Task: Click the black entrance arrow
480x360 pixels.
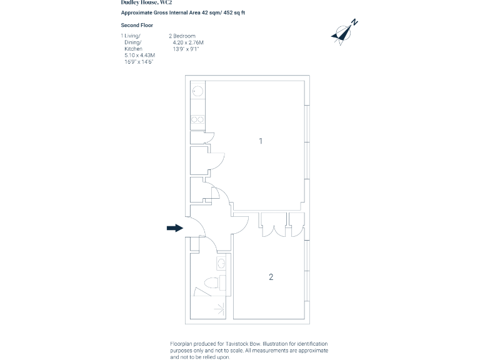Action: [175, 227]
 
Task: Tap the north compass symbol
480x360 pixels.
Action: [344, 32]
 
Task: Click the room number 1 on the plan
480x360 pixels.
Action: [261, 141]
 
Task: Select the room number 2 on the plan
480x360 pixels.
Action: [271, 277]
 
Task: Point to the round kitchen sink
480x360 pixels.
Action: [197, 91]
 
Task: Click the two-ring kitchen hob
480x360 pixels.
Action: [197, 119]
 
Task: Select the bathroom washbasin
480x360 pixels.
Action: [221, 263]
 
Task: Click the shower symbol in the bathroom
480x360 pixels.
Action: [219, 309]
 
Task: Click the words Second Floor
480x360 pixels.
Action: [137, 25]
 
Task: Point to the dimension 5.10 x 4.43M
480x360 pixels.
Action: [139, 55]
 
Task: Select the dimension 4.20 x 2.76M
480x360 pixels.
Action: [188, 42]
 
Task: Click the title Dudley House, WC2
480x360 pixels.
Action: [146, 2]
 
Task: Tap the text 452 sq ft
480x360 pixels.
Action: [234, 12]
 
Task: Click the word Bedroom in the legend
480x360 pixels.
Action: [184, 36]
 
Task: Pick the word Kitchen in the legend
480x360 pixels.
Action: [133, 49]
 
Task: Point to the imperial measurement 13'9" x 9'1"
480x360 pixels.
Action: [186, 49]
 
